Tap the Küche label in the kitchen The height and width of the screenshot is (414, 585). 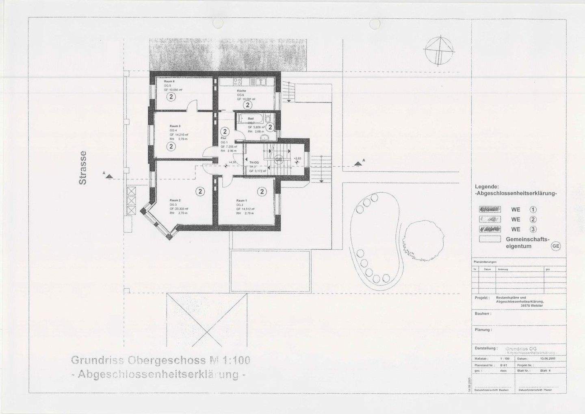pyautogui.click(x=241, y=91)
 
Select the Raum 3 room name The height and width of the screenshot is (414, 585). pyautogui.click(x=175, y=126)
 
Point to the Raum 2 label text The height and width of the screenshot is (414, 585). pyautogui.click(x=175, y=200)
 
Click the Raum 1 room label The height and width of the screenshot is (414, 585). pyautogui.click(x=242, y=200)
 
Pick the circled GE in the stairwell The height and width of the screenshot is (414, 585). pyautogui.click(x=279, y=159)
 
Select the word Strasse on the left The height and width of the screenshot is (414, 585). pyautogui.click(x=82, y=168)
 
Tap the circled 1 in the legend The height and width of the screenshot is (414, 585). pyautogui.click(x=533, y=210)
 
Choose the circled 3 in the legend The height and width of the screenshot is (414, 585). pyautogui.click(x=533, y=229)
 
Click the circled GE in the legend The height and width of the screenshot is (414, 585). pyautogui.click(x=555, y=246)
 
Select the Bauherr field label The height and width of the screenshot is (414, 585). pyautogui.click(x=483, y=314)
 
